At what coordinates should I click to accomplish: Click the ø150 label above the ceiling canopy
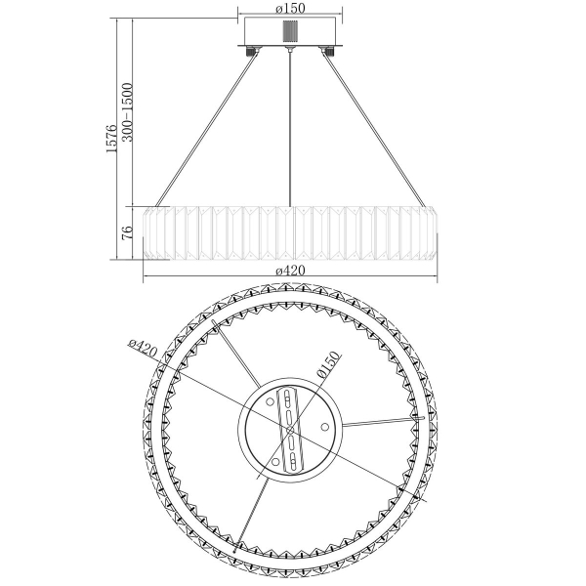pyautogui.click(x=290, y=8)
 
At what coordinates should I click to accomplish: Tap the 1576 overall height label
pyautogui.click(x=111, y=139)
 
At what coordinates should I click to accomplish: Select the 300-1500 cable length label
pyautogui.click(x=127, y=112)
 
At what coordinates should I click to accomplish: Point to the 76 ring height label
pyautogui.click(x=127, y=232)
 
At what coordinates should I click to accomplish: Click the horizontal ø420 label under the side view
pyautogui.click(x=290, y=270)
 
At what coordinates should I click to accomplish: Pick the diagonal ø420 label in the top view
pyautogui.click(x=143, y=349)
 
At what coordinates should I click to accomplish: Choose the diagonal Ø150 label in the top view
pyautogui.click(x=329, y=364)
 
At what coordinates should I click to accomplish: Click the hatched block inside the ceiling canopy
pyautogui.click(x=290, y=31)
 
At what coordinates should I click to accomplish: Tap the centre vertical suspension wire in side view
pyautogui.click(x=290, y=128)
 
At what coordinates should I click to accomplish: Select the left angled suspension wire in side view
pyautogui.click(x=207, y=130)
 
